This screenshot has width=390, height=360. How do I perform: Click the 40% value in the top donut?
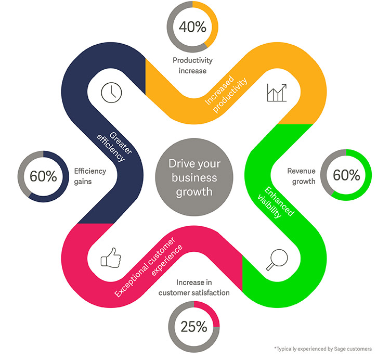pos(192,27)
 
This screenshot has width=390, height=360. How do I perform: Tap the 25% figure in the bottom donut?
pos(194,326)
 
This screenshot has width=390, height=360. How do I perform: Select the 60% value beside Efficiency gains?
pos(43,176)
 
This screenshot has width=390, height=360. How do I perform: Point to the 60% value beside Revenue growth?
pos(346,175)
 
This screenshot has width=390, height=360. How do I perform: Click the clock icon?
pos(111,92)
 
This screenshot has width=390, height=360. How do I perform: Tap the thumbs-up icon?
pos(111,258)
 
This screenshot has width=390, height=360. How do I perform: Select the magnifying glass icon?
pos(277,260)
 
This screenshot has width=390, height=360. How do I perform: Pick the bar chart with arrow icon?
pos(277,93)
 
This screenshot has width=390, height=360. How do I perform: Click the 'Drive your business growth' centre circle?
pos(194,177)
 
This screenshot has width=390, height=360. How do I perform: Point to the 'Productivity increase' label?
pos(193,66)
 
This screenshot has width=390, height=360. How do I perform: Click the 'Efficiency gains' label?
pos(90,176)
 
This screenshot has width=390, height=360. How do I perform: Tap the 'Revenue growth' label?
pos(302,176)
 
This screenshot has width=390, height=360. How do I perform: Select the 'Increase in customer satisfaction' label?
pos(194,288)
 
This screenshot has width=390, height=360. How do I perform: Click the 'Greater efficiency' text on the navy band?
pos(114,147)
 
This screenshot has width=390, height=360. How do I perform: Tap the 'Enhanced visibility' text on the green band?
pos(276,202)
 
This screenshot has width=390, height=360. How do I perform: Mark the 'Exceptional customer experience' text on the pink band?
pos(149,267)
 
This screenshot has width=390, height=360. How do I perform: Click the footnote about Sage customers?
pos(323,349)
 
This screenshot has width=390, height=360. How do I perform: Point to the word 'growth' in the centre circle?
pos(194,192)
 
